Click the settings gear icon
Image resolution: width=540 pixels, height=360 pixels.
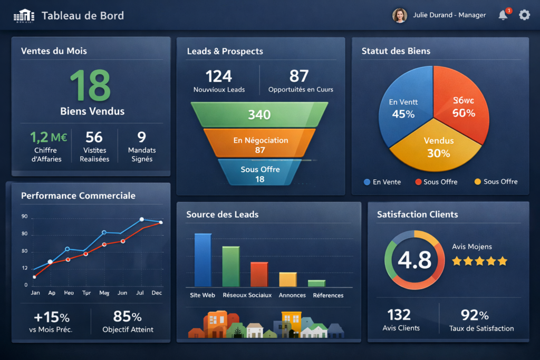click(x=524, y=15)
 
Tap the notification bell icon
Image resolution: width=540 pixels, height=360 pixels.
click(x=503, y=15)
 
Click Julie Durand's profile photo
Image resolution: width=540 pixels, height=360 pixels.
click(x=400, y=15)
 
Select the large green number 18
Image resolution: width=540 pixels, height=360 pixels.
click(x=91, y=85)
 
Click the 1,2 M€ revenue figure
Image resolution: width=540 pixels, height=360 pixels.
click(x=49, y=138)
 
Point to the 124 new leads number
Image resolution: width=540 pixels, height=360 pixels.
click(x=219, y=76)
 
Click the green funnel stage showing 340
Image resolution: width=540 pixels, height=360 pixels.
click(x=259, y=114)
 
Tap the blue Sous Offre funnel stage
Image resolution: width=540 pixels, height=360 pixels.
click(x=260, y=173)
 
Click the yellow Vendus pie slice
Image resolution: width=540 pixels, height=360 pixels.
click(x=437, y=147)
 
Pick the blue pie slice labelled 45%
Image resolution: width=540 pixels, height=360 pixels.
click(x=403, y=108)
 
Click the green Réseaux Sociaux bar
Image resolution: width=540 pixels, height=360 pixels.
click(x=231, y=266)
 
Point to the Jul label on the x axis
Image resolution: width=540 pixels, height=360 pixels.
click(x=140, y=293)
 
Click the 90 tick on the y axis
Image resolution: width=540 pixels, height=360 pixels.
click(x=24, y=217)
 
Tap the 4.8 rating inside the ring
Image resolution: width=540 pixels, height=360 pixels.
click(x=414, y=260)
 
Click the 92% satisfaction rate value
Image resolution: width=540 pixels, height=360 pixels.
click(x=475, y=315)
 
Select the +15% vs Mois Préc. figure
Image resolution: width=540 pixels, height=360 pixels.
click(x=51, y=317)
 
